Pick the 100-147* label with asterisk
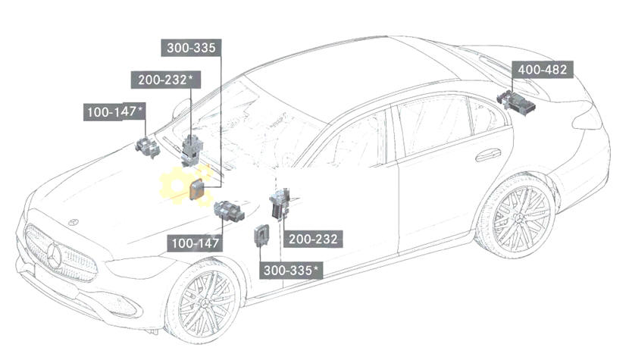coord(114,112)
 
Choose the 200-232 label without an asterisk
coord(313,239)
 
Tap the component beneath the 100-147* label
coord(146,148)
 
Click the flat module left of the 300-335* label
coord(262,234)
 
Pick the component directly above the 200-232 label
coord(280,203)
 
